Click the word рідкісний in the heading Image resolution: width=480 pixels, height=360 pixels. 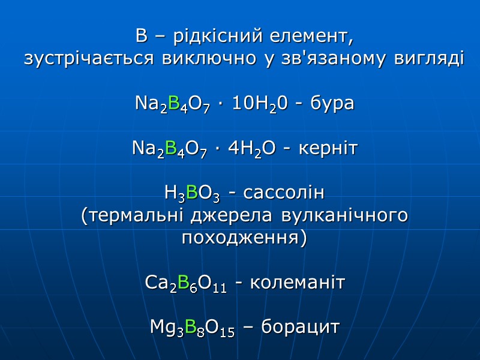tap(212, 37)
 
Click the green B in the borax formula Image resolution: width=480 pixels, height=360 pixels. tap(175, 104)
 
